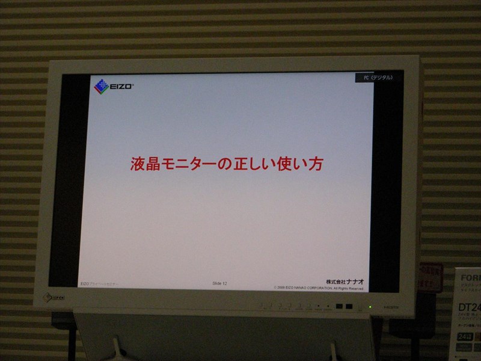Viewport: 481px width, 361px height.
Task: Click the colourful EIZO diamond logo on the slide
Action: click(x=101, y=87)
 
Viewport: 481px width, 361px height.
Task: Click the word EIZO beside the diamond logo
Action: click(x=121, y=87)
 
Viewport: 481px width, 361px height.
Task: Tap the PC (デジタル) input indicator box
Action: click(x=378, y=78)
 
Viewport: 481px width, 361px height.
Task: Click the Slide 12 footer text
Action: click(x=220, y=283)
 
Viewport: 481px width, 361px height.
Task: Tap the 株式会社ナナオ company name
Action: click(x=345, y=281)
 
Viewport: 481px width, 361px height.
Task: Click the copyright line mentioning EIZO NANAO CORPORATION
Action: click(x=319, y=288)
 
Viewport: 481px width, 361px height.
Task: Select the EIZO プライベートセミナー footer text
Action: click(x=100, y=283)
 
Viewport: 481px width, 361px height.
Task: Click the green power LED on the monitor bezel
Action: click(x=370, y=307)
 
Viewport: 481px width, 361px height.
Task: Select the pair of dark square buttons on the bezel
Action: click(x=344, y=306)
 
